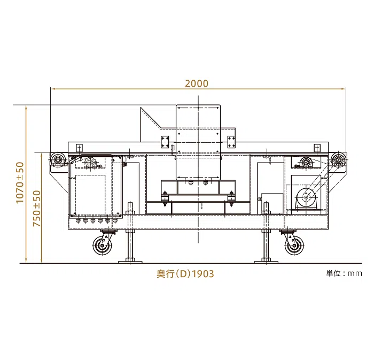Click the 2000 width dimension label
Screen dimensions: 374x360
click(x=197, y=83)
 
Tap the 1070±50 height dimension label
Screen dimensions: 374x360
click(x=20, y=182)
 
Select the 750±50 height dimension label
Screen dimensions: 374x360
click(x=37, y=209)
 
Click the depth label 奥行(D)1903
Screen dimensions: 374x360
click(x=185, y=273)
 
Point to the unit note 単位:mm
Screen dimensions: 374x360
click(x=344, y=273)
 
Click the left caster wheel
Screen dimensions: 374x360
click(x=103, y=246)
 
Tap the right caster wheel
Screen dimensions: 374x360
click(x=294, y=246)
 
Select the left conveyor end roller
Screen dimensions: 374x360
click(x=58, y=158)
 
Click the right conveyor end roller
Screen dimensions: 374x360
click(x=338, y=158)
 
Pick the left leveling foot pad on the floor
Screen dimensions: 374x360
click(x=130, y=262)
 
